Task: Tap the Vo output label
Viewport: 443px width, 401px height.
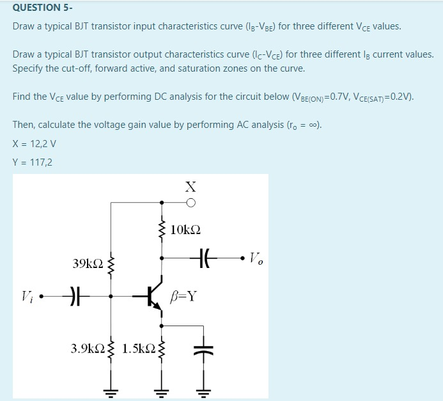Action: click(x=256, y=259)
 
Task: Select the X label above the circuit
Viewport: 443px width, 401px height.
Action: click(x=190, y=187)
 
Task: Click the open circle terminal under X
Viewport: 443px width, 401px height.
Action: click(x=190, y=203)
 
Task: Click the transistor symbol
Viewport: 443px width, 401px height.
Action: click(x=153, y=295)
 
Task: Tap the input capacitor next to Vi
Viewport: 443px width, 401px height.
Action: click(x=75, y=296)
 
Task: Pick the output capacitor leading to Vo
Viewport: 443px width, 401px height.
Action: click(x=205, y=258)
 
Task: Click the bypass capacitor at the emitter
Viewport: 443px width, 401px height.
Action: click(x=205, y=349)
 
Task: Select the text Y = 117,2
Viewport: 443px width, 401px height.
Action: click(x=33, y=162)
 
